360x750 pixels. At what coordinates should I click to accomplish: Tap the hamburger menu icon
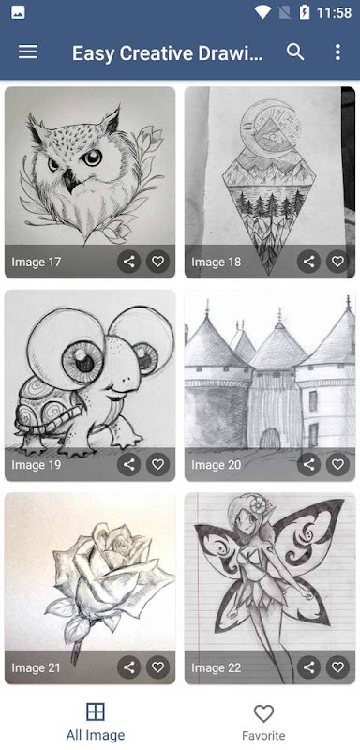[28, 52]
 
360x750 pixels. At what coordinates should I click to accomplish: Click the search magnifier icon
[295, 52]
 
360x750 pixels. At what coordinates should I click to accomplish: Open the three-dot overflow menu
[338, 52]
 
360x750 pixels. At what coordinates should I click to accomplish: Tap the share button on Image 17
[129, 262]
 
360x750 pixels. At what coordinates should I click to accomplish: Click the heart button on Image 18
[338, 262]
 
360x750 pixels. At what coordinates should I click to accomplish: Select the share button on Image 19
[129, 464]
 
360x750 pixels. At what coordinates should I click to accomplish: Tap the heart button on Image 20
[338, 464]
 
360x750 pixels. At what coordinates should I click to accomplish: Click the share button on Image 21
[129, 667]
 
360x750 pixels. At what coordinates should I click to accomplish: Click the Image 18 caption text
[217, 262]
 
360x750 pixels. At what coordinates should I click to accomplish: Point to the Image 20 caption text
[217, 464]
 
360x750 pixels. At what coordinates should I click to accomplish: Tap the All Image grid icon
[96, 712]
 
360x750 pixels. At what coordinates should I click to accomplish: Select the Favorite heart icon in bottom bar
[263, 713]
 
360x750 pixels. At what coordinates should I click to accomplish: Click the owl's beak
[70, 180]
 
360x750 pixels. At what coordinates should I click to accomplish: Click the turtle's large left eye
[82, 361]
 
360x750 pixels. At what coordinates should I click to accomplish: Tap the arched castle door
[270, 438]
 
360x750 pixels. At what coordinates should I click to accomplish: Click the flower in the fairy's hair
[262, 505]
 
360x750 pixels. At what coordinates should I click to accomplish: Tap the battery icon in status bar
[305, 12]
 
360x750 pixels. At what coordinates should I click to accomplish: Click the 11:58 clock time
[334, 13]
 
